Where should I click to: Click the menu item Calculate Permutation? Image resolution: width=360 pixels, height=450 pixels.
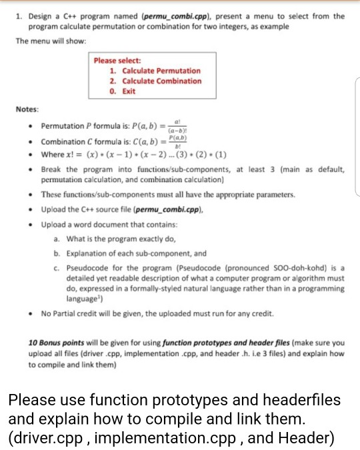click(x=155, y=71)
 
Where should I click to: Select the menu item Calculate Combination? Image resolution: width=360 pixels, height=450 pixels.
click(x=155, y=81)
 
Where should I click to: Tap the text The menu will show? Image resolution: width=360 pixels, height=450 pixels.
click(x=49, y=40)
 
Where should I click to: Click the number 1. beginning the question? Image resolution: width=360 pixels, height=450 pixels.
click(x=19, y=16)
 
